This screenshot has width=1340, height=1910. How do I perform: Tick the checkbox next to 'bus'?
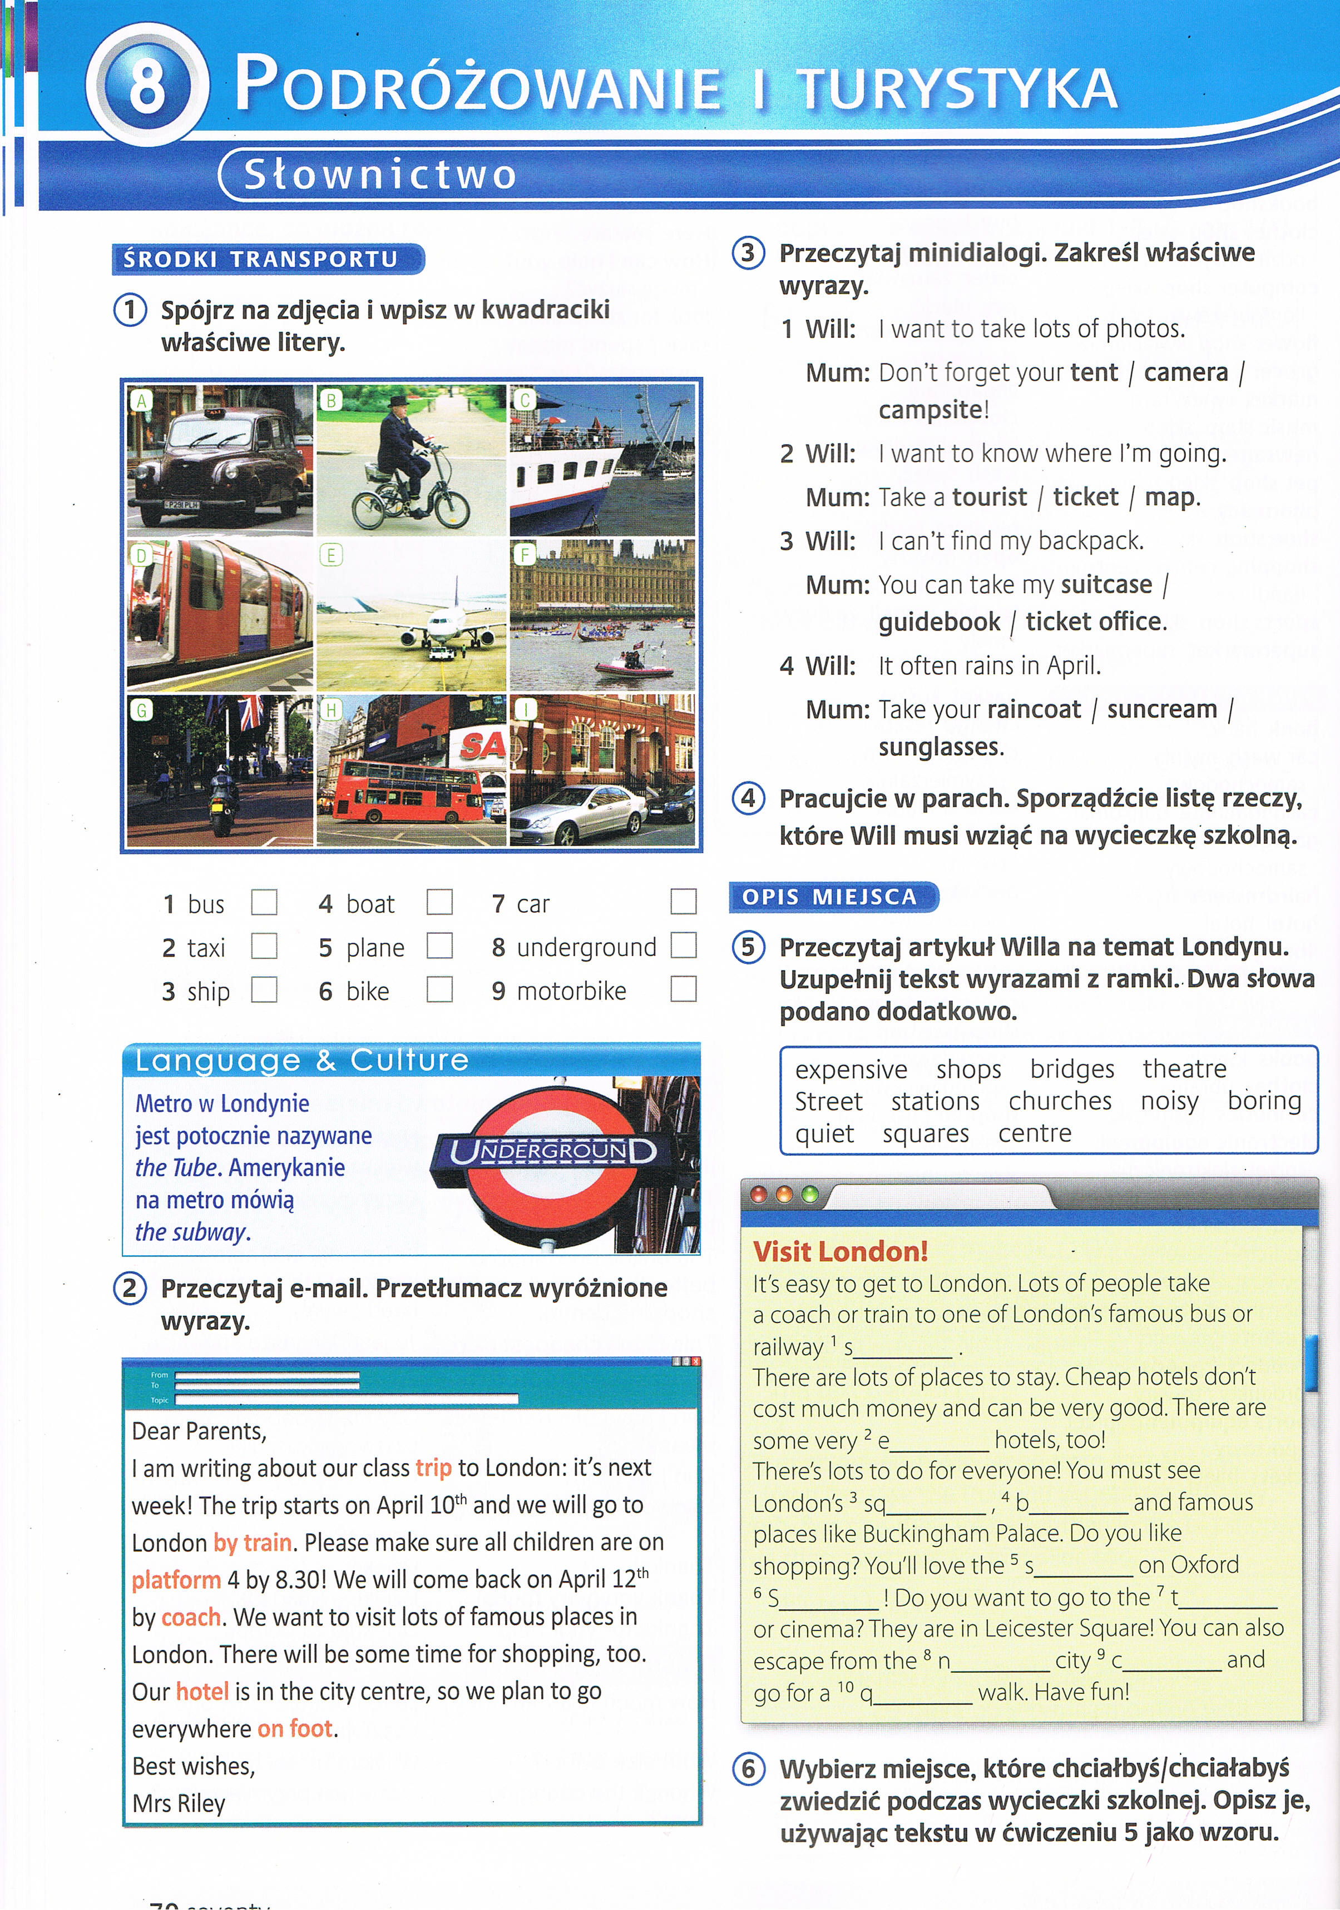coord(264,902)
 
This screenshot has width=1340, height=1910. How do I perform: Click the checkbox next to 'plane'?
coord(439,946)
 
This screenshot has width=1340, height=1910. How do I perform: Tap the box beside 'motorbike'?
coord(683,989)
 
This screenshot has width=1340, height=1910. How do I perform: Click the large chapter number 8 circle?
coord(147,85)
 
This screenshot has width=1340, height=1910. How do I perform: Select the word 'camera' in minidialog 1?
coord(1185,372)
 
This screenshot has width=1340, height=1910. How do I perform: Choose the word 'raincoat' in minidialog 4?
coord(1033,710)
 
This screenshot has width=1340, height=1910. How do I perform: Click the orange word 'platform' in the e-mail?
coord(176,1580)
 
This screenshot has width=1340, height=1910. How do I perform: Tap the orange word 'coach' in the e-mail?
coord(191,1617)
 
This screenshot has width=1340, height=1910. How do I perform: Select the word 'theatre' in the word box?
coord(1184,1069)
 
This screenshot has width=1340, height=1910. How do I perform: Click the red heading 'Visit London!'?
coord(840,1252)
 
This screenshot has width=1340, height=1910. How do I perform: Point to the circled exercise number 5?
coord(748,948)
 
